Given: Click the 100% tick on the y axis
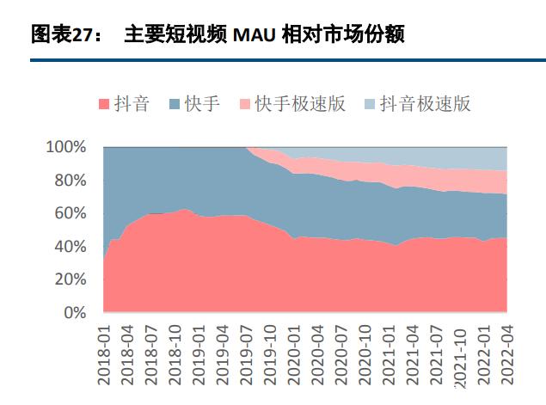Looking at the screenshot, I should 65,147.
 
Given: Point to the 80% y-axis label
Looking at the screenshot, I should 69,181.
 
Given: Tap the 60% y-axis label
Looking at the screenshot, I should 69,213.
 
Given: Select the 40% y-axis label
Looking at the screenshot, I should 69,247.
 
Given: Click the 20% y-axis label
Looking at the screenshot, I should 69,279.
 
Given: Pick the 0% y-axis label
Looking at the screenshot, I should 74,313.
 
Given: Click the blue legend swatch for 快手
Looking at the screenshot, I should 175,105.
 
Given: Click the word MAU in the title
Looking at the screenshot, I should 255,35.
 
